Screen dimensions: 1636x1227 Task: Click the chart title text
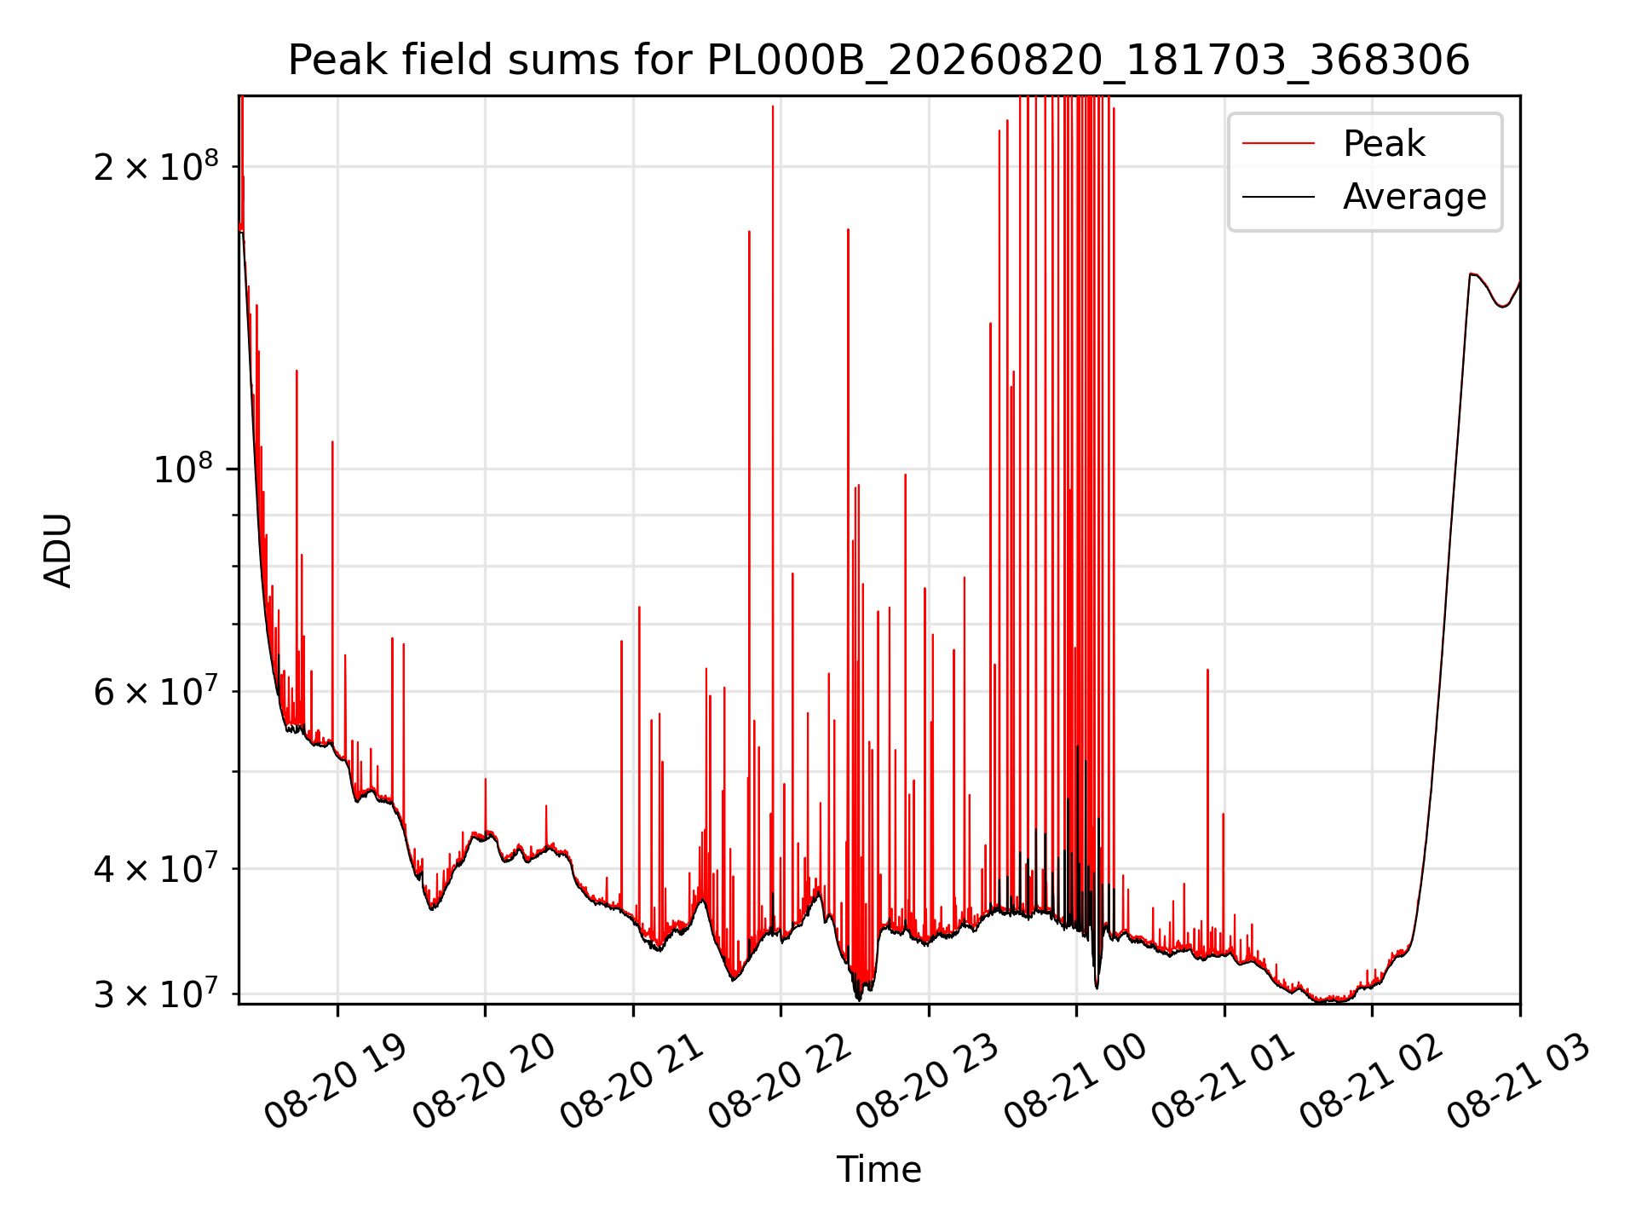coord(878,60)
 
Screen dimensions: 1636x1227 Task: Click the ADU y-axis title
coord(58,550)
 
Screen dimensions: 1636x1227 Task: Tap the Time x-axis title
coord(878,1169)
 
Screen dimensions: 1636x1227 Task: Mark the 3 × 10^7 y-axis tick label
coord(156,993)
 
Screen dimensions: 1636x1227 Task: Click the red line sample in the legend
coord(1278,144)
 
